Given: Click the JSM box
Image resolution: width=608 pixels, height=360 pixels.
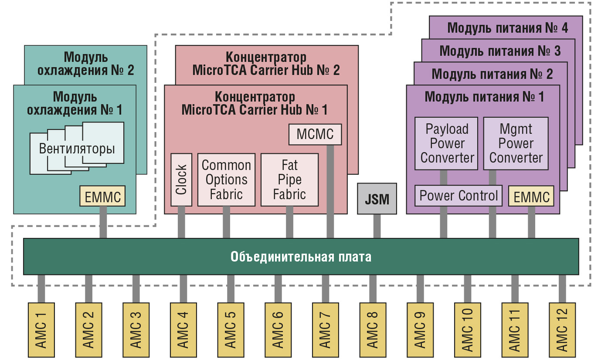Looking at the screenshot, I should pyautogui.click(x=377, y=199).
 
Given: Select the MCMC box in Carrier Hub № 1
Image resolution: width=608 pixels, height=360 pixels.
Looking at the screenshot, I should pyautogui.click(x=315, y=134).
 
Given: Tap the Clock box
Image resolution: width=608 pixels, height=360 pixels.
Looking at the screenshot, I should pyautogui.click(x=181, y=179).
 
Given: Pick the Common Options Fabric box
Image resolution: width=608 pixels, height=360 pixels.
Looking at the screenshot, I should pyautogui.click(x=226, y=179).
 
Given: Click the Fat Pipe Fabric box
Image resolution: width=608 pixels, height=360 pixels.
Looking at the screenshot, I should pyautogui.click(x=289, y=179).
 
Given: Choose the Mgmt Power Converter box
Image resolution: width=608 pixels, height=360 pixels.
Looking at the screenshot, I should pyautogui.click(x=516, y=143).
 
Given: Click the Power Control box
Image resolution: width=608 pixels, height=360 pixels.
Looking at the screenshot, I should pyautogui.click(x=458, y=196).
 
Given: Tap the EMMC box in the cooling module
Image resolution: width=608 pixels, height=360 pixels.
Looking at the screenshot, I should pyautogui.click(x=102, y=196).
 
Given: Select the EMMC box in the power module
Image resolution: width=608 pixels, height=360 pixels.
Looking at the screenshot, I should pyautogui.click(x=531, y=197).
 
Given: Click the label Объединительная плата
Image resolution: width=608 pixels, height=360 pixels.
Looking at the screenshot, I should pyautogui.click(x=301, y=257).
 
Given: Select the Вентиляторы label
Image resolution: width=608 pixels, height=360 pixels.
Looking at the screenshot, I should pyautogui.click(x=77, y=149).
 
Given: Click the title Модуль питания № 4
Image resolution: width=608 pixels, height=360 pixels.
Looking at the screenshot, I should pyautogui.click(x=507, y=28).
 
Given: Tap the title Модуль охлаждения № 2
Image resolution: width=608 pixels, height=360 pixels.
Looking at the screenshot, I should pyautogui.click(x=85, y=64).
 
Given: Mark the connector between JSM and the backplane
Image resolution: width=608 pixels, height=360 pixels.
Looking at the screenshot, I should pyautogui.click(x=377, y=226).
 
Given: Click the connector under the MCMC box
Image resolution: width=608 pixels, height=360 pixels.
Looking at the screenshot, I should pyautogui.click(x=330, y=192).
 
